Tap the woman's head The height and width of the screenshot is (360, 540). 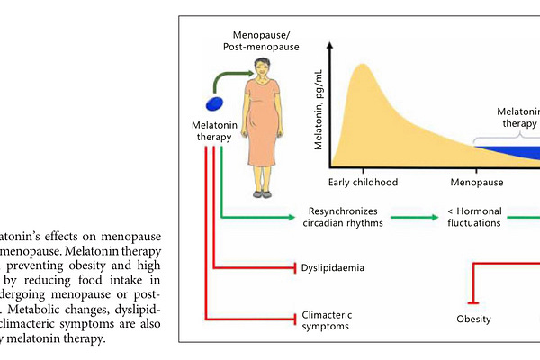(261, 67)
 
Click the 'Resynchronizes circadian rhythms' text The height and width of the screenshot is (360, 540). (341, 217)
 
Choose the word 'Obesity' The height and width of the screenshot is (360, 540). (474, 319)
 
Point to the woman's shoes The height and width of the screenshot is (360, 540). (261, 193)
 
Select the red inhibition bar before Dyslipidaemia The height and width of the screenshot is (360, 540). (296, 267)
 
